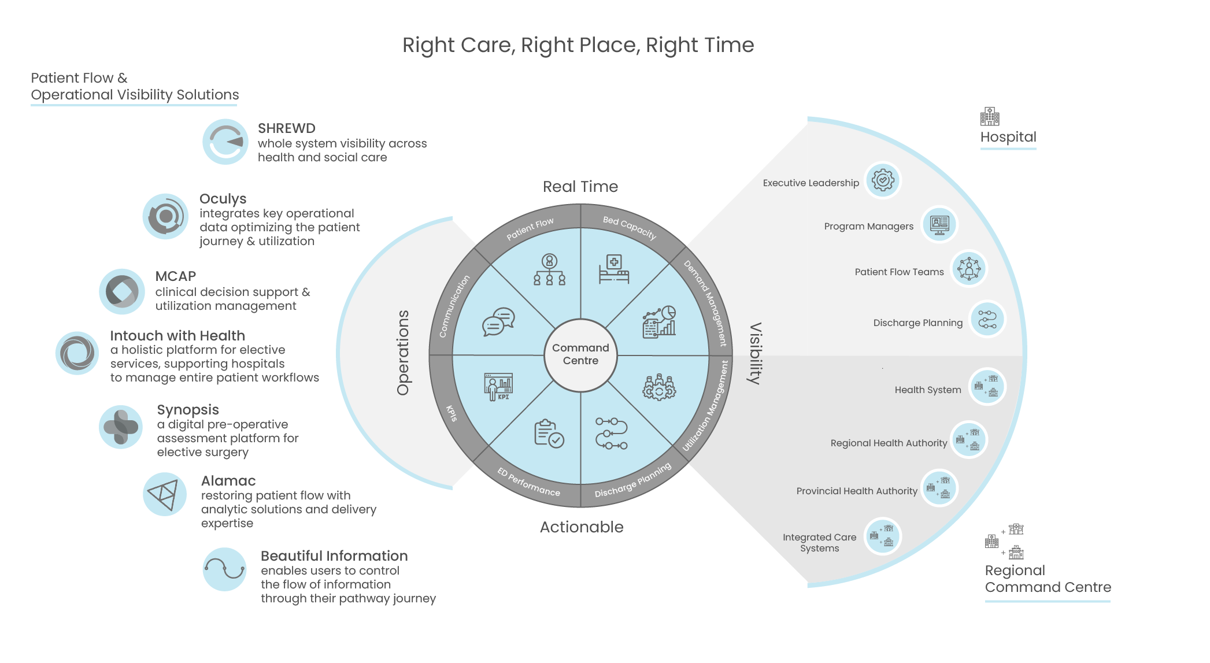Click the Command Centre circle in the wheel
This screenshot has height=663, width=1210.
580,354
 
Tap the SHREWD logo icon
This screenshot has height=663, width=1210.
225,142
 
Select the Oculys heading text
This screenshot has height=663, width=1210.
223,199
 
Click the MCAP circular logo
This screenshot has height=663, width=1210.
121,291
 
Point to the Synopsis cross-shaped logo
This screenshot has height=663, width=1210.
121,427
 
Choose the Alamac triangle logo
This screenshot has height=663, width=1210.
164,494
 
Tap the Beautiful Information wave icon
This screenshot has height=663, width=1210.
225,569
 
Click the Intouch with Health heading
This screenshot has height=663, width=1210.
177,336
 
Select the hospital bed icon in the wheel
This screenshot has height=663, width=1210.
613,269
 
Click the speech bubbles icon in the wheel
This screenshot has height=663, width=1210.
498,321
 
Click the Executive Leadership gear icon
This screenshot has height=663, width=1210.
883,180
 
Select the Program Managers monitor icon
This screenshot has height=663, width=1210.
939,224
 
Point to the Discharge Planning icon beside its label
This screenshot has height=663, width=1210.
987,319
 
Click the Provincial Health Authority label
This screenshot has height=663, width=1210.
856,491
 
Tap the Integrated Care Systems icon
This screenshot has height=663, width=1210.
882,536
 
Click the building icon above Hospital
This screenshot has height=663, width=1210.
989,117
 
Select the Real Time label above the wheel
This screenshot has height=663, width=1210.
580,187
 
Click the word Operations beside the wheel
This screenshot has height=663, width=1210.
403,353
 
